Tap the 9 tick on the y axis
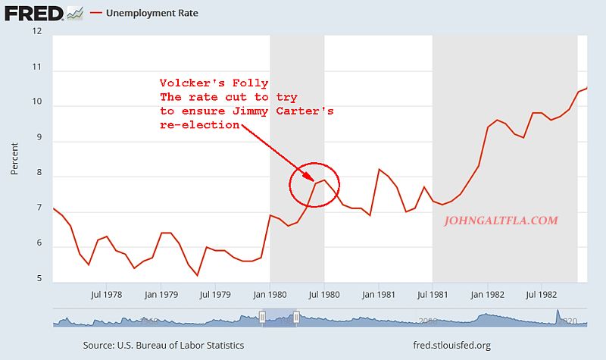[39, 141]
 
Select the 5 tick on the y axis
[39, 281]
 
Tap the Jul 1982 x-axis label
[540, 294]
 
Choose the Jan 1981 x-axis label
[379, 294]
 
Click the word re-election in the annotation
[199, 124]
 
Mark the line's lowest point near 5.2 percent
[197, 275]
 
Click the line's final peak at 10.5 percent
[587, 89]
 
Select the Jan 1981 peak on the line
[379, 169]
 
